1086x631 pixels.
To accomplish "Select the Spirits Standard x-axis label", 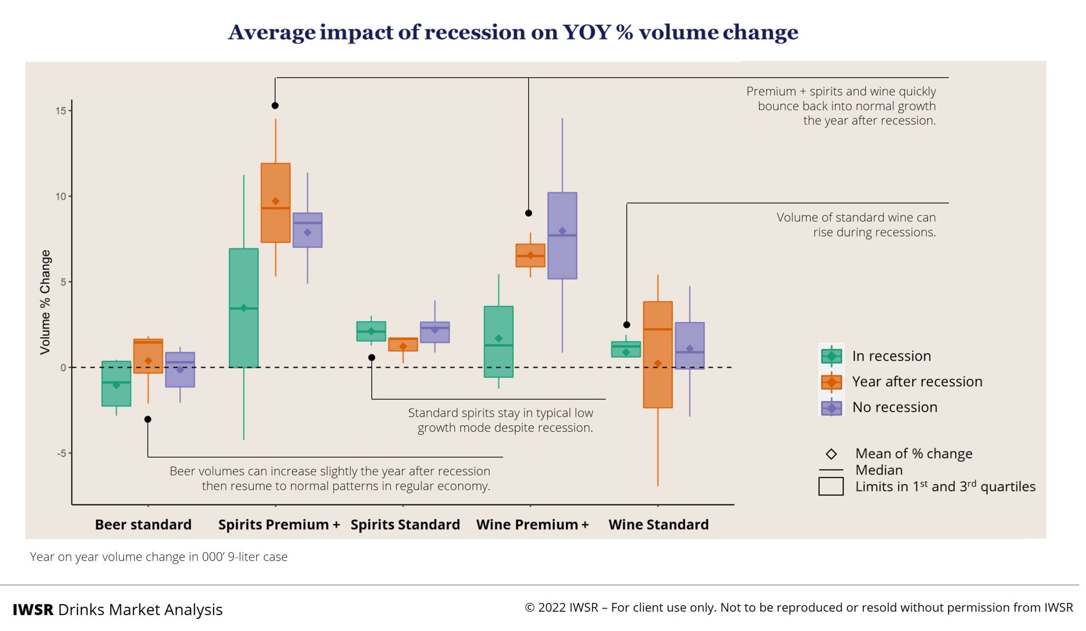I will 405,525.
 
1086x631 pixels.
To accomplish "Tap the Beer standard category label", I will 143,525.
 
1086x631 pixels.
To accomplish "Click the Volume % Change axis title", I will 45,302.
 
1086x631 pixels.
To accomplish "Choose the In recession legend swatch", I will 831,356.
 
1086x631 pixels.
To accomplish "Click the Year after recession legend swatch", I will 831,382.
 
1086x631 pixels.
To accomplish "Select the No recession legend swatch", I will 831,408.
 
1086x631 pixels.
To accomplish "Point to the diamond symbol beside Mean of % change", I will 831,454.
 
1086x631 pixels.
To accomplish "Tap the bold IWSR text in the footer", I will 33,610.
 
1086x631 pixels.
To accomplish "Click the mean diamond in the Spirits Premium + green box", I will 244,308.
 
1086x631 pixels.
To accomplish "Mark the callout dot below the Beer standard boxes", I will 148,419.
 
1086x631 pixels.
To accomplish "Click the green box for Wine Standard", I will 626,349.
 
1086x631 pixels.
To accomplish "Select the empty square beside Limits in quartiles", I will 831,486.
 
